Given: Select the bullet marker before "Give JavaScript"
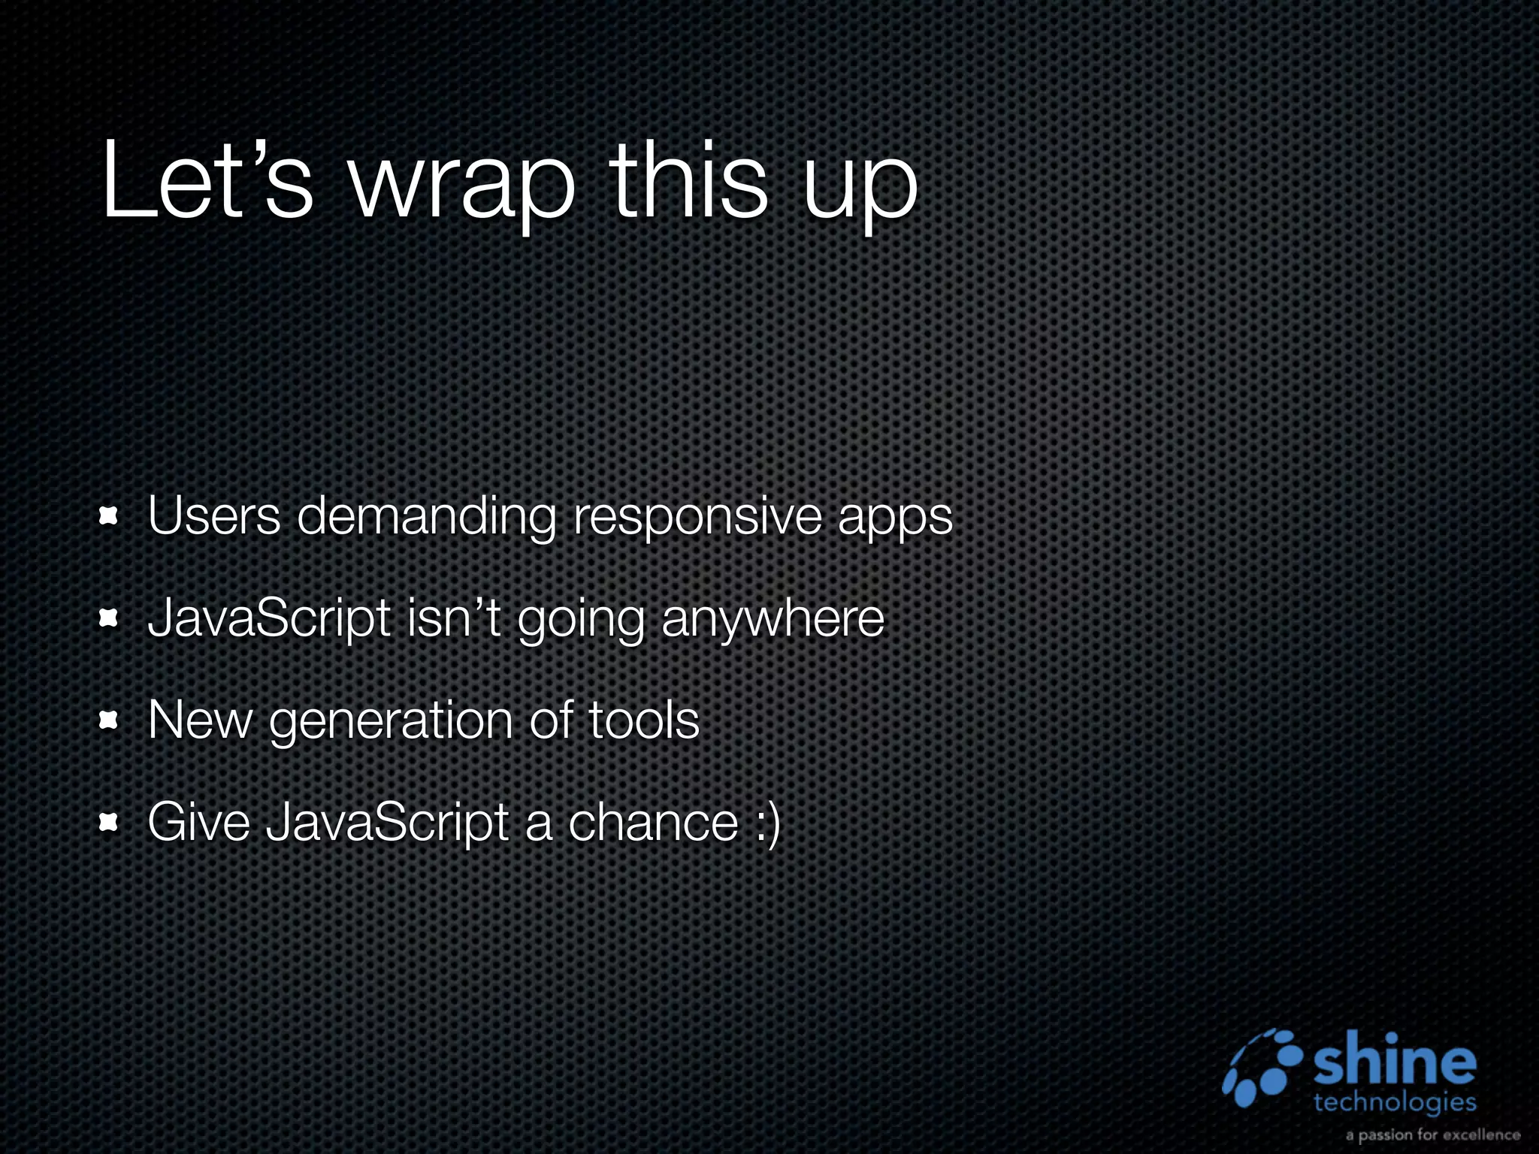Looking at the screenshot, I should (x=110, y=823).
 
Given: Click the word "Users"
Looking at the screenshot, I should (x=214, y=517).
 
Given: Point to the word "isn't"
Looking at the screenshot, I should (x=453, y=618).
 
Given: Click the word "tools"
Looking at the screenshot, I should (x=643, y=720).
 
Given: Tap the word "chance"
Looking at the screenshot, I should (x=653, y=822).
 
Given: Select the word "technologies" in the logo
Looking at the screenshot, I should (x=1395, y=1103).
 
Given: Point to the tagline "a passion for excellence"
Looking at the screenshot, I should (x=1432, y=1134).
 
